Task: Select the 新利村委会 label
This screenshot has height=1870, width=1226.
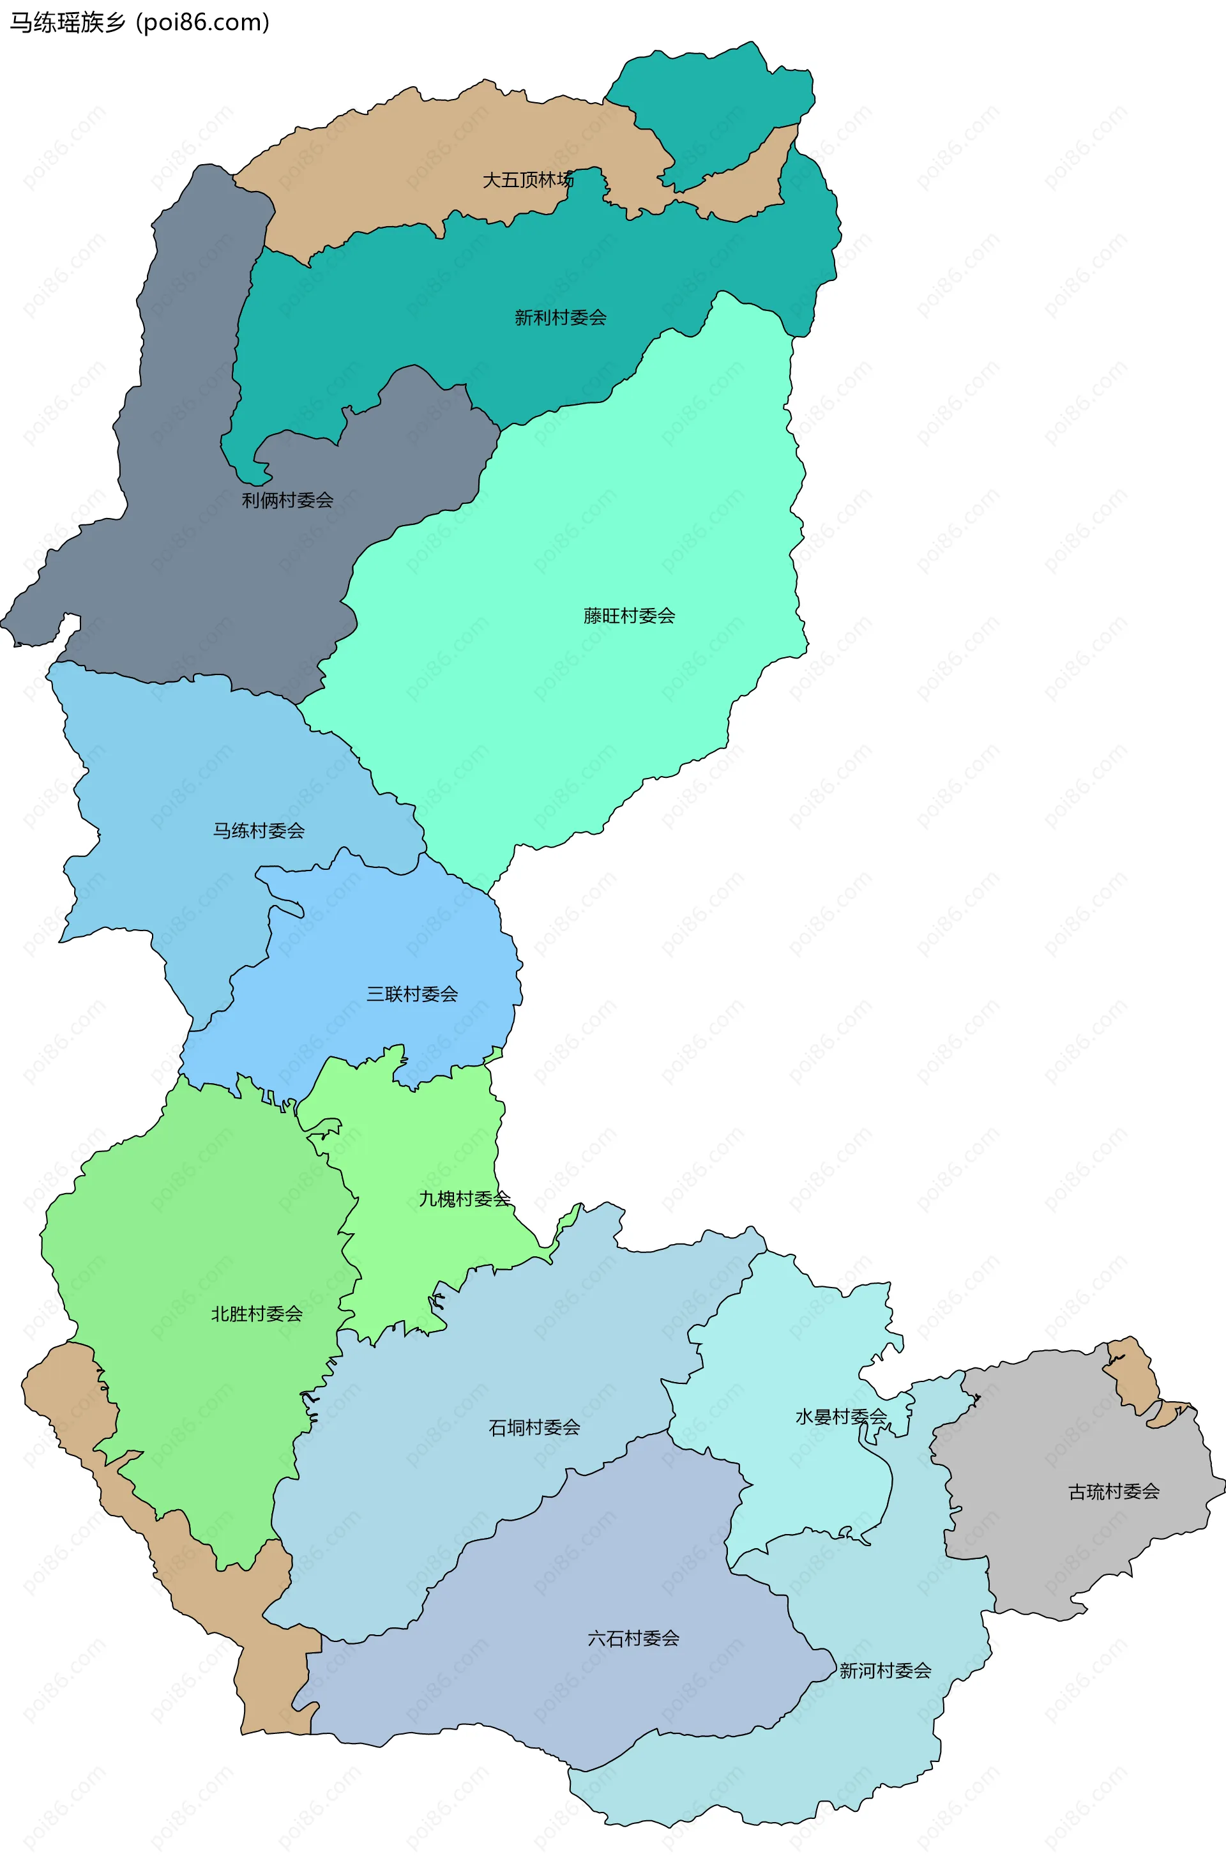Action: pos(560,317)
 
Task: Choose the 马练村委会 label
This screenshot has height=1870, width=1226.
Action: pos(259,830)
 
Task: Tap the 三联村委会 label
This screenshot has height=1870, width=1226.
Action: pos(412,994)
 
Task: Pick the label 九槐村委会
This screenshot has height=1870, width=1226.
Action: pos(464,1199)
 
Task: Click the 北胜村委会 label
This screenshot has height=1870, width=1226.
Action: pos(257,1314)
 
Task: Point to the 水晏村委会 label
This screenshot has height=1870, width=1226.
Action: pos(840,1417)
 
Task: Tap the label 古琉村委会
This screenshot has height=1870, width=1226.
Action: pos(1114,1491)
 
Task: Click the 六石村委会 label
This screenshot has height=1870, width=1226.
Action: pos(633,1638)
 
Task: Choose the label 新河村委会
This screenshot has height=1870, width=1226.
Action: pos(885,1671)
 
